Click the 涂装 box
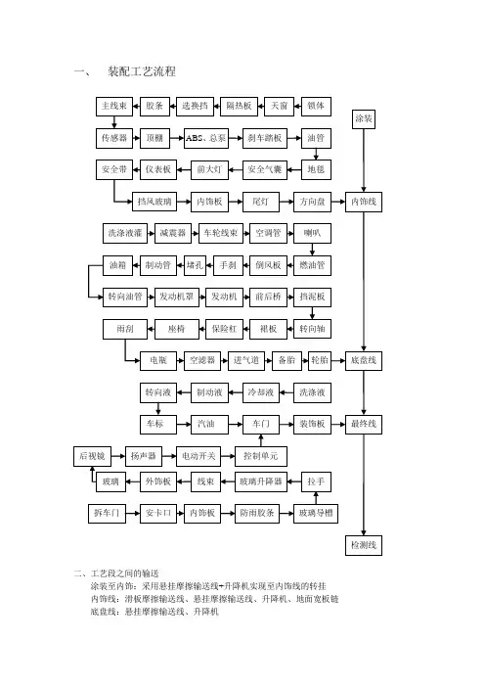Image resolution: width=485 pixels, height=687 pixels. pyautogui.click(x=364, y=118)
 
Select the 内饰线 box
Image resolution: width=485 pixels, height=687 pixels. pyautogui.click(x=364, y=202)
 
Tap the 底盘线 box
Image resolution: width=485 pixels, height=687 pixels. pyautogui.click(x=364, y=360)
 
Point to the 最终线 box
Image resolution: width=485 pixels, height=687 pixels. pyautogui.click(x=364, y=424)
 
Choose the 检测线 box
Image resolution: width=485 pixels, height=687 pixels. pyautogui.click(x=364, y=545)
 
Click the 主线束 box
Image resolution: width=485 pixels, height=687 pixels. pyautogui.click(x=114, y=106)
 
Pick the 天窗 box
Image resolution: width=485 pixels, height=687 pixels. pyautogui.click(x=279, y=106)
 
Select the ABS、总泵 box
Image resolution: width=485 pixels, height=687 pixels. pyautogui.click(x=205, y=138)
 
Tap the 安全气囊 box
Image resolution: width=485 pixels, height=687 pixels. pyautogui.click(x=264, y=169)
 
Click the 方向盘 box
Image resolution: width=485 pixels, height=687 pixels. pyautogui.click(x=312, y=202)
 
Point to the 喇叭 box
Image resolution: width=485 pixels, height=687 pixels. pyautogui.click(x=312, y=233)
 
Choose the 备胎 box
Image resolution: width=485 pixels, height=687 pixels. pyautogui.click(x=287, y=360)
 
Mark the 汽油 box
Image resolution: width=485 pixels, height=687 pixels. pyautogui.click(x=205, y=424)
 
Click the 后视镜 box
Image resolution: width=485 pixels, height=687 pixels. pyautogui.click(x=92, y=456)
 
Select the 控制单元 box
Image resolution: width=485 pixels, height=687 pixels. pyautogui.click(x=261, y=456)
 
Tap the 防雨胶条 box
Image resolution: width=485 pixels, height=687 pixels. pyautogui.click(x=257, y=513)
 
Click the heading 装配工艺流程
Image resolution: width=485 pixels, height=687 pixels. pyautogui.click(x=142, y=71)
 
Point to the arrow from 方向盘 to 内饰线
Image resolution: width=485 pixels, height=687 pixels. pyautogui.click(x=338, y=202)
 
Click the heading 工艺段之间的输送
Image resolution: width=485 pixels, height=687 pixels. pyautogui.click(x=124, y=573)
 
